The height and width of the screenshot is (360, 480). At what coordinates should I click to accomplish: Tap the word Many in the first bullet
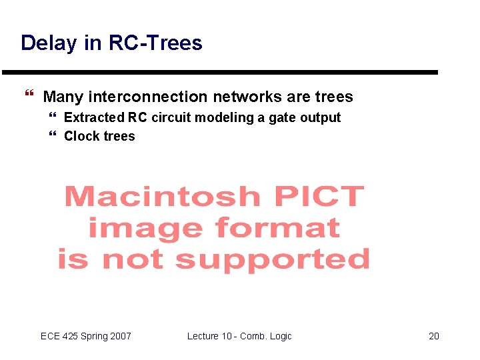(x=63, y=97)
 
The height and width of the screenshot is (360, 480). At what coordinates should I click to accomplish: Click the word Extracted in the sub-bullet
(x=94, y=118)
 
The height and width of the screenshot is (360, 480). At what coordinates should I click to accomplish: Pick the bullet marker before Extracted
(x=53, y=118)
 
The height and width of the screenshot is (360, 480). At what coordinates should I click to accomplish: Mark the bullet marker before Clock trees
(x=53, y=137)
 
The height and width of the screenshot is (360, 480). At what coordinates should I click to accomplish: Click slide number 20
(x=433, y=336)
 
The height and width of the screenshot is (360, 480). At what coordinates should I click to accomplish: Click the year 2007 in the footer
(x=120, y=336)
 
